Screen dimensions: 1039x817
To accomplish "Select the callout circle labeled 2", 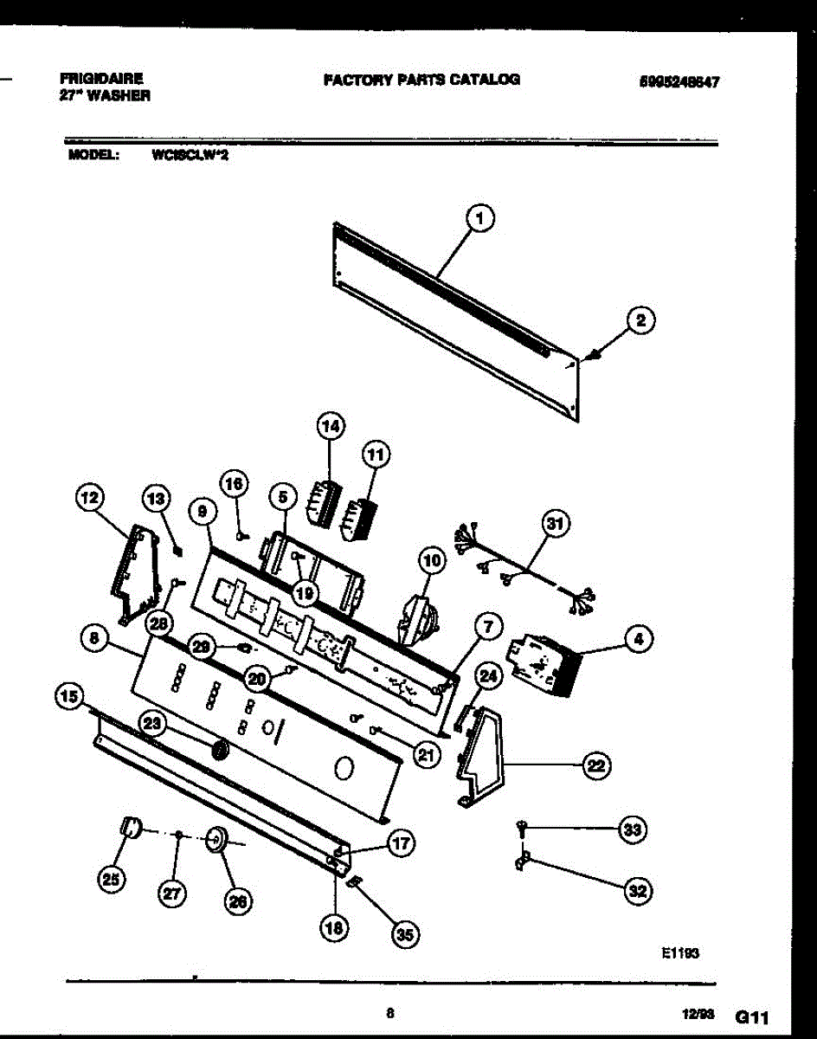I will click(640, 321).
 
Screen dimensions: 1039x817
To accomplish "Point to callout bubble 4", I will click(638, 640).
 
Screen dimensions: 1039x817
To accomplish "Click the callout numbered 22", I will click(596, 765).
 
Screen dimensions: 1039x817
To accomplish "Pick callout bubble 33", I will click(634, 829).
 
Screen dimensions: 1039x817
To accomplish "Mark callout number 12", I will click(89, 498).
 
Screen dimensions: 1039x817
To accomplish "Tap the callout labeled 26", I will click(236, 901).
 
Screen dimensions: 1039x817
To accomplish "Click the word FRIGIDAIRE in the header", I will click(103, 78).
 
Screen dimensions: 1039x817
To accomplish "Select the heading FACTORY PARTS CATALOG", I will click(421, 80).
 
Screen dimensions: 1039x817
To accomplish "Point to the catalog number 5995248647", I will click(680, 82).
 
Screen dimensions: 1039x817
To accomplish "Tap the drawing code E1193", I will click(680, 952).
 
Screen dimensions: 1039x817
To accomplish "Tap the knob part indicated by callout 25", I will click(130, 827).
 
